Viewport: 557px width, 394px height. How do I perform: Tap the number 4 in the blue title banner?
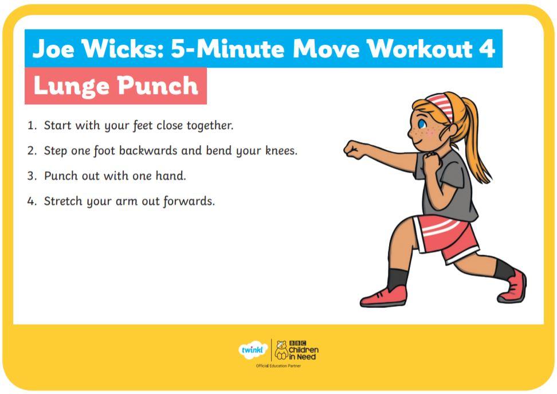tap(487, 48)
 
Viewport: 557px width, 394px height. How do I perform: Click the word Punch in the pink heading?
tap(158, 86)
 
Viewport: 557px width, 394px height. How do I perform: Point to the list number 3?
tap(32, 176)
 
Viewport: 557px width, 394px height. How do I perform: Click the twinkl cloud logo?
tap(253, 350)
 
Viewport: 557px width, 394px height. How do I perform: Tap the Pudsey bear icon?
tap(281, 350)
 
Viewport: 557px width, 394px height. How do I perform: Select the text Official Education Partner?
tap(278, 365)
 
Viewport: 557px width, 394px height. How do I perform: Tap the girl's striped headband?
tap(441, 106)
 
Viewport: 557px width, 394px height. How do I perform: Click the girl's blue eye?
tap(422, 124)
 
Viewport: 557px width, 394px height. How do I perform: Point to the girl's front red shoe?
tap(383, 297)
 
